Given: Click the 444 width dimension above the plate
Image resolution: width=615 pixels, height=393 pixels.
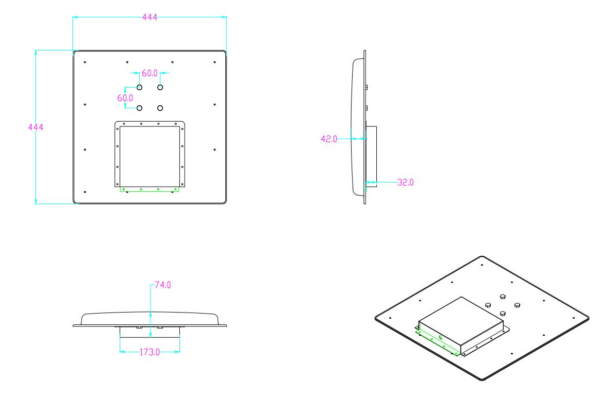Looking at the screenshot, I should tap(149, 17).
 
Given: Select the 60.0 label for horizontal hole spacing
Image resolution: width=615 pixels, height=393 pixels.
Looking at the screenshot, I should tap(149, 73).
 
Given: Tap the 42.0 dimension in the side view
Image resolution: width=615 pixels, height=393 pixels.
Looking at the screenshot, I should tap(328, 138).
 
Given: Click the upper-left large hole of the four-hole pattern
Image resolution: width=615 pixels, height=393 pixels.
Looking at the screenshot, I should tap(140, 87).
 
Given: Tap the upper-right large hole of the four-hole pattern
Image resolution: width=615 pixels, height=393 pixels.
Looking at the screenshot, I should tap(160, 87).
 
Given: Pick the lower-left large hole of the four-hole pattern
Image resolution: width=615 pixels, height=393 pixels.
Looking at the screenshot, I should tap(140, 108).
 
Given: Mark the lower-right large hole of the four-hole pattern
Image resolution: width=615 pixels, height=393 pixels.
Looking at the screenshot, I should tap(160, 108).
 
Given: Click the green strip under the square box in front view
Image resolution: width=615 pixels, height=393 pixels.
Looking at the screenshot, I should tap(149, 189).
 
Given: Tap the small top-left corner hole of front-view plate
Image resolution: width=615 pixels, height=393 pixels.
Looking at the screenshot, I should tap(85, 62).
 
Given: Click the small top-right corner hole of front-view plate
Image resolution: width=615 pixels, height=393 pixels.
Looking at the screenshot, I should tap(214, 62).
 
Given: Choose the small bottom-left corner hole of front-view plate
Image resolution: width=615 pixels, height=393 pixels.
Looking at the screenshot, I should tap(85, 192).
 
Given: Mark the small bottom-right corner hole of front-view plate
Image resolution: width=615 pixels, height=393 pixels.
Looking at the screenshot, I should tap(214, 192).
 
